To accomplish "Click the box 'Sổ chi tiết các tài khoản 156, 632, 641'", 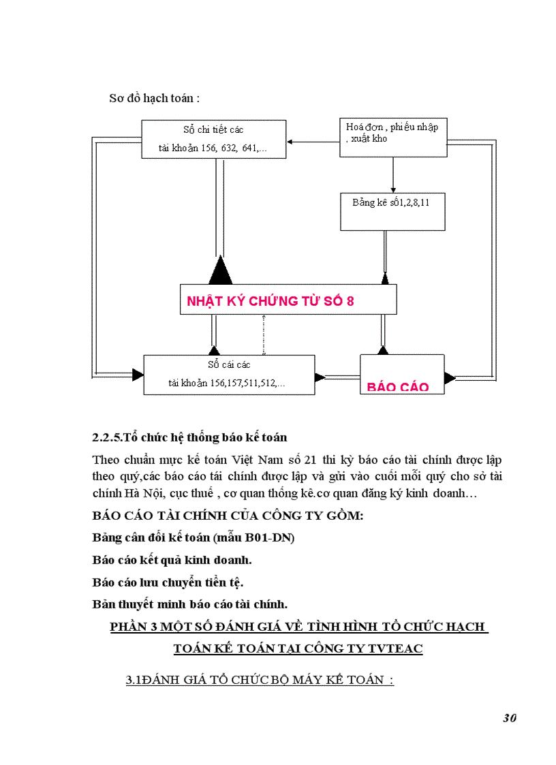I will tap(213, 139).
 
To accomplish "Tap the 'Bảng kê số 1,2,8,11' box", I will tap(392, 211).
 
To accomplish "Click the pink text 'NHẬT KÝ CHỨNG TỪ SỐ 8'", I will tap(271, 301).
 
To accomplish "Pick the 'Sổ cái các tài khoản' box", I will tap(228, 374).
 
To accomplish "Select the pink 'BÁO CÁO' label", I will tap(398, 387).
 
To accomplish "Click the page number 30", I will tap(510, 718).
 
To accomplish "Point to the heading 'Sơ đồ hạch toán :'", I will tap(155, 98).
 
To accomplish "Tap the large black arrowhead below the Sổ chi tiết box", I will tap(220, 270).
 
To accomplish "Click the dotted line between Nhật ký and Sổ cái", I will tap(264, 334).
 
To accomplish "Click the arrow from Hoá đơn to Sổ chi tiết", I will tap(313, 142).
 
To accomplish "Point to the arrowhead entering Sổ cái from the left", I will tap(138, 374).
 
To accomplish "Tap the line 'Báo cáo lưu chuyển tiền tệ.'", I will tap(168, 582).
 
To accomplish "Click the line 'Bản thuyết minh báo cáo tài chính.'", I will tap(190, 604).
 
